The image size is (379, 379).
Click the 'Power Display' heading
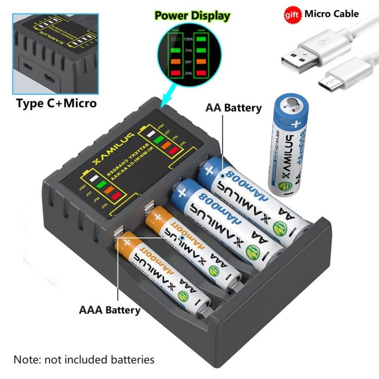[x=192, y=15]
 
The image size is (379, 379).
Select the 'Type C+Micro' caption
[x=56, y=103]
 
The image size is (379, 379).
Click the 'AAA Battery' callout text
[x=109, y=310]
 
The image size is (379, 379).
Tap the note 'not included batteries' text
[x=84, y=360]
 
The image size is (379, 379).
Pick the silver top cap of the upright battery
[x=291, y=100]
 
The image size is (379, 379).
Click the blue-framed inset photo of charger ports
[x=56, y=48]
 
